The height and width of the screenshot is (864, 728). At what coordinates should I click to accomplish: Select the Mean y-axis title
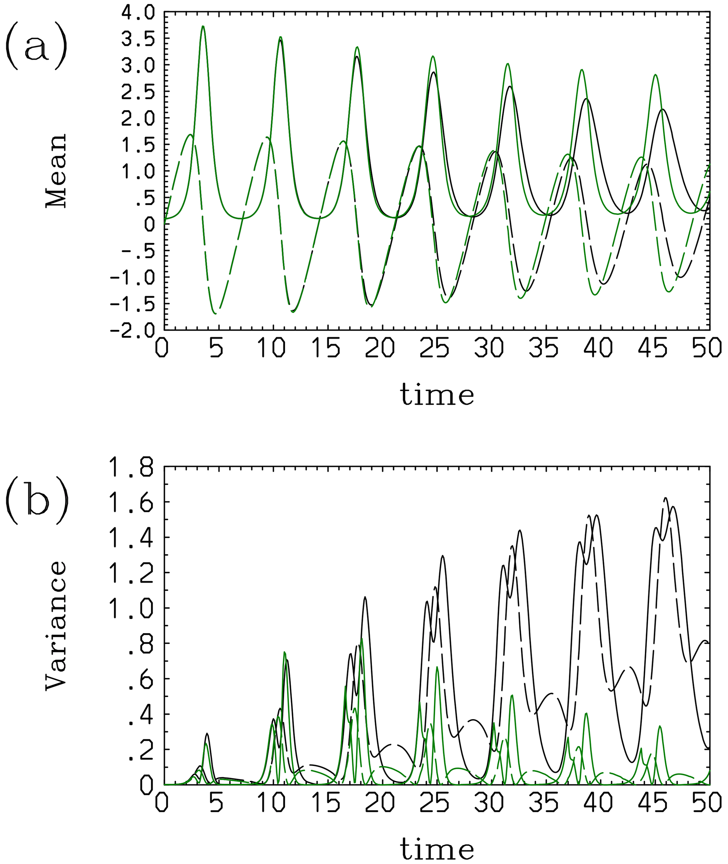56,171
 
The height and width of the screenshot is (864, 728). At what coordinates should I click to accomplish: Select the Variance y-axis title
56,625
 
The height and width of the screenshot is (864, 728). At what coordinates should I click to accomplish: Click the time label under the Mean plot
437,395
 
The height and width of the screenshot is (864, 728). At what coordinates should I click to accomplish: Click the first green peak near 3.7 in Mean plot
203,26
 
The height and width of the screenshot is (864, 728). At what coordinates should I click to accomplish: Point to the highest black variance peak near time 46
666,498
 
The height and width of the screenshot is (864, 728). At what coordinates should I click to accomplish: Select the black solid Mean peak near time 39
586,99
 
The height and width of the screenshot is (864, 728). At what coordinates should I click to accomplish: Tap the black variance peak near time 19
365,597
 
